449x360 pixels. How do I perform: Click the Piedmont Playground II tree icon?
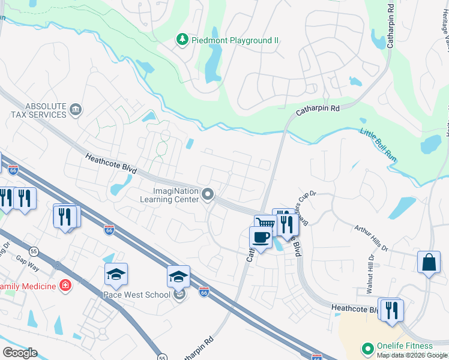pyautogui.click(x=182, y=40)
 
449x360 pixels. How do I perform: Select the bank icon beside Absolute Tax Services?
pyautogui.click(x=76, y=109)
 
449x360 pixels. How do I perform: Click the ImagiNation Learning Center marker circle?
pyautogui.click(x=208, y=194)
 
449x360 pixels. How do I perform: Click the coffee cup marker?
pyautogui.click(x=261, y=237)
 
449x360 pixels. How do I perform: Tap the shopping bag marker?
pyautogui.click(x=429, y=262)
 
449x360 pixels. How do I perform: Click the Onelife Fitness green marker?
pyautogui.click(x=367, y=348)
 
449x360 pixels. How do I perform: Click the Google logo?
pyautogui.click(x=19, y=353)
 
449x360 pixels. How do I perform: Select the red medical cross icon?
pyautogui.click(x=65, y=286)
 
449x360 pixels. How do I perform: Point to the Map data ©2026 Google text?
pyautogui.click(x=412, y=355)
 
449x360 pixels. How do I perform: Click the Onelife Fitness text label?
pyautogui.click(x=405, y=346)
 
